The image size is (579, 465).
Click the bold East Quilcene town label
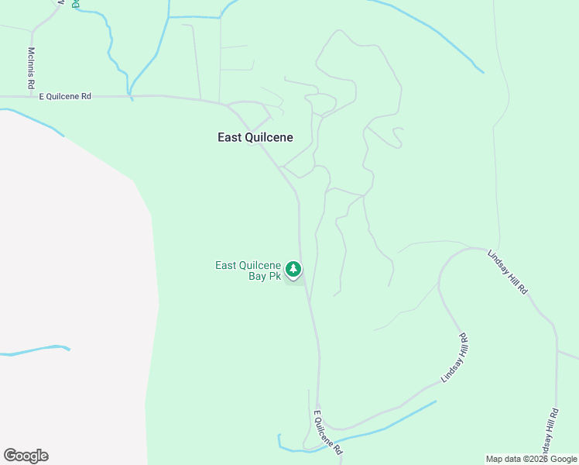255,137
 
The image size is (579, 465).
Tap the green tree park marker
293,269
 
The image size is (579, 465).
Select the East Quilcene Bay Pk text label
248,270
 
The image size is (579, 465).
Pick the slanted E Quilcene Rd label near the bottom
327,433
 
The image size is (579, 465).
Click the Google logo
26,456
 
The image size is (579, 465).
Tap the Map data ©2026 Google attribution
532,459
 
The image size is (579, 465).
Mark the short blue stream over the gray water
35,350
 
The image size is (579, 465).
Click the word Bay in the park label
257,276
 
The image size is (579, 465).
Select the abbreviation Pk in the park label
274,276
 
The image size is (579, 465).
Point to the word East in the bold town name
230,137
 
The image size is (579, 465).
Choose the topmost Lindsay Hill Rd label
508,271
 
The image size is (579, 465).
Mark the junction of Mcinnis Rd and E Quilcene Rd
32,96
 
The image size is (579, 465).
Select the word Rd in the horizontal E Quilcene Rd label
86,96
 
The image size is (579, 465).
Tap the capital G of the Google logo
10,456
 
